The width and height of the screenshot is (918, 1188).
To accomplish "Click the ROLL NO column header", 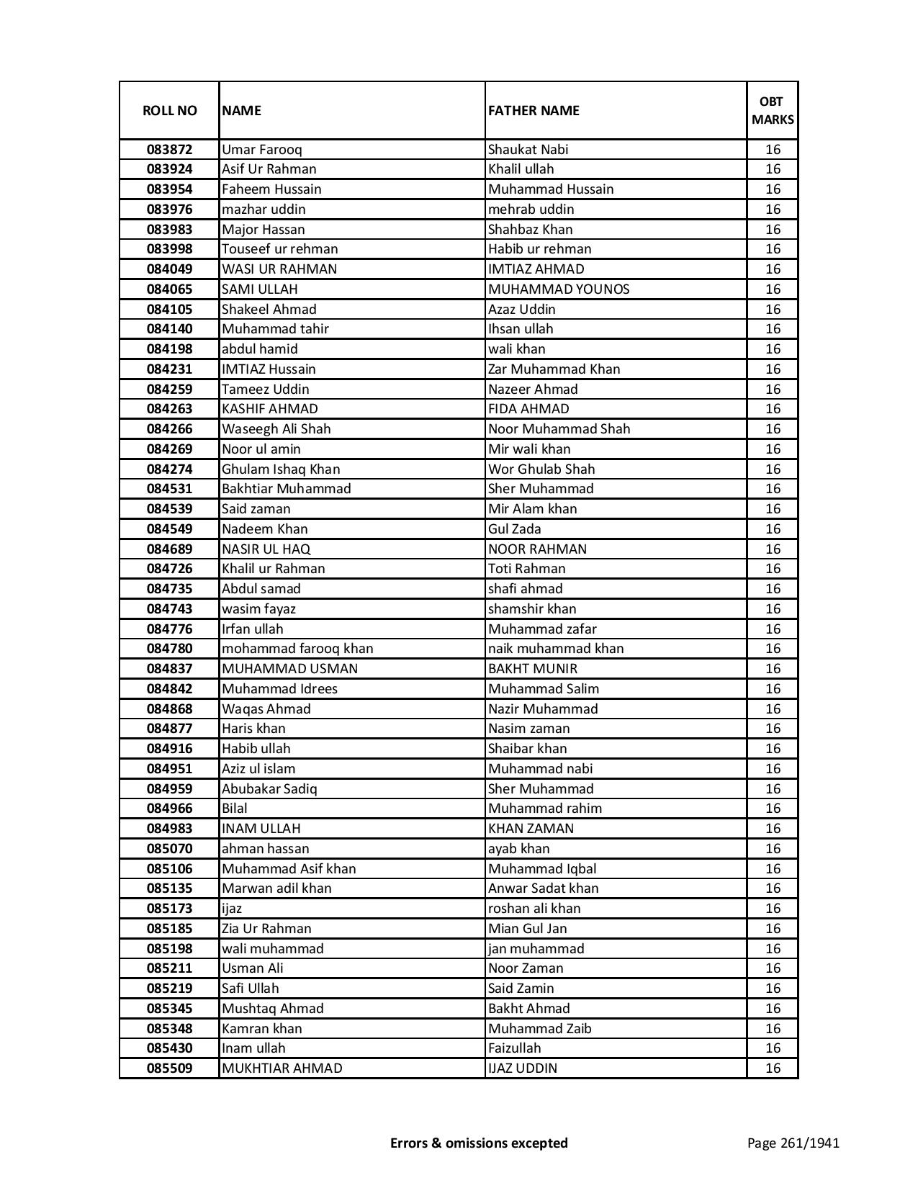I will pos(169,111).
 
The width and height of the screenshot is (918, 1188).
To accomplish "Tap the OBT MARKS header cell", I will pos(773,111).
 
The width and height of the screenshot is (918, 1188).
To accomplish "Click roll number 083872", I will pos(169,150).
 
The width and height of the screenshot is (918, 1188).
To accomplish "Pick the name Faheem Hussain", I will pos(271,189).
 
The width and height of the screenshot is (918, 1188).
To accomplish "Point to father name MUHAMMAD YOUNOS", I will pos(559,289).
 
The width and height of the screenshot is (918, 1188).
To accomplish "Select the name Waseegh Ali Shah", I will pos(276,429).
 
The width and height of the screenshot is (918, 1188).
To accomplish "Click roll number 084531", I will pos(169,489).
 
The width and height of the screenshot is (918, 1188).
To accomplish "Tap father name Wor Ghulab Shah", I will pos(541,469).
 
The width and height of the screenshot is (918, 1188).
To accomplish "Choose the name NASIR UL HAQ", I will pos(266,549).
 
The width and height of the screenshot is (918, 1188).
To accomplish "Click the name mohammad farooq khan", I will pos(297,649).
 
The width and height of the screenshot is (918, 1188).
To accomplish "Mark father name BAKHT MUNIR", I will pos(533,669).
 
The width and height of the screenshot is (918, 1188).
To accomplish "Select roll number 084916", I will pos(169,749).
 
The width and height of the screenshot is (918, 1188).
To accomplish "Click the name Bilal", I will pos(235,809).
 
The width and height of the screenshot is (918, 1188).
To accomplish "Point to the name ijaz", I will pos(232,909).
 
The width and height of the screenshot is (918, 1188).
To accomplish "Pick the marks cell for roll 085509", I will pos(773,1068).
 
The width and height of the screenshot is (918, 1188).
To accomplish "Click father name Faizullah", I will pos(514,1048).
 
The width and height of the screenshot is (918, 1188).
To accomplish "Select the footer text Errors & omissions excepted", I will pos(479,1143).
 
